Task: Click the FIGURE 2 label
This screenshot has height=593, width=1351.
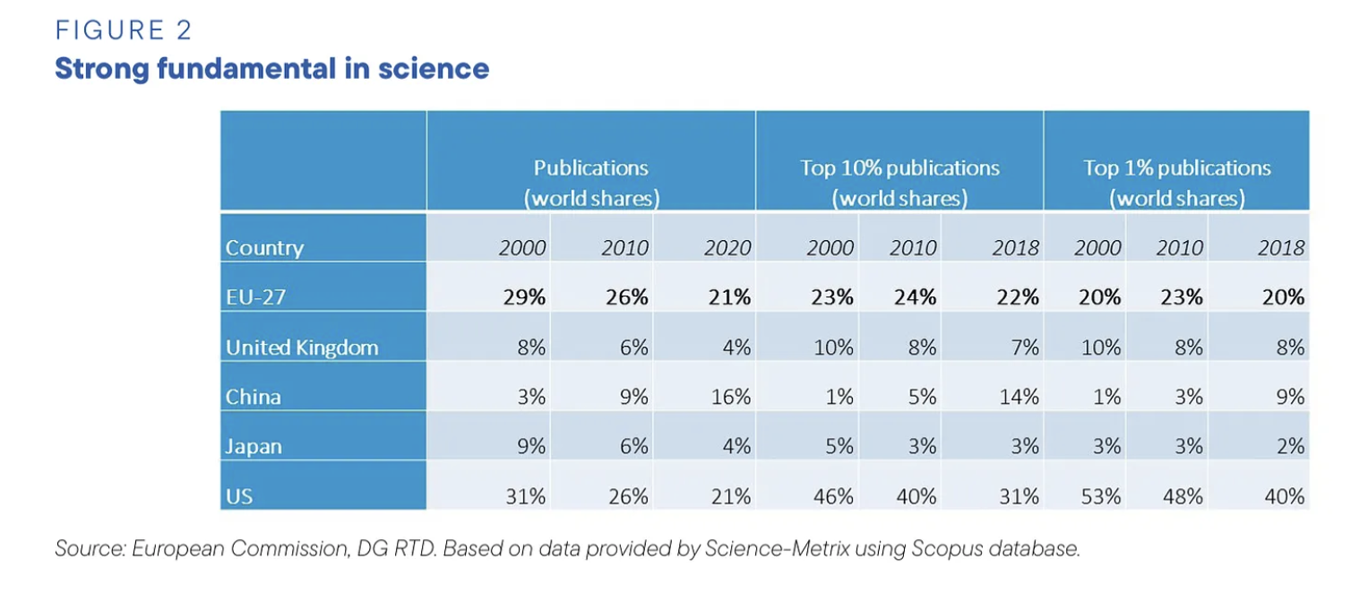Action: [124, 30]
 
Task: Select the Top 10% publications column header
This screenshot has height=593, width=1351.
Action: [899, 183]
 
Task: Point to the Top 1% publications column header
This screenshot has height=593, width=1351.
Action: [1177, 183]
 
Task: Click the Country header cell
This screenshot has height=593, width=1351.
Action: [264, 248]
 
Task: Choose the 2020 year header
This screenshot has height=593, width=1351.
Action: [727, 248]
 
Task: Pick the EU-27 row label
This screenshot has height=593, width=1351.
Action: [255, 297]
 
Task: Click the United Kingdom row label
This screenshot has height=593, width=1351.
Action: [302, 348]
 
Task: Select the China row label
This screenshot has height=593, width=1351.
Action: [254, 396]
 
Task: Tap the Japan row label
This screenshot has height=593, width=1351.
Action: [255, 445]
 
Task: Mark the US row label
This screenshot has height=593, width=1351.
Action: [239, 495]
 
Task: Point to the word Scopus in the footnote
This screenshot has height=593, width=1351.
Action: [943, 548]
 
